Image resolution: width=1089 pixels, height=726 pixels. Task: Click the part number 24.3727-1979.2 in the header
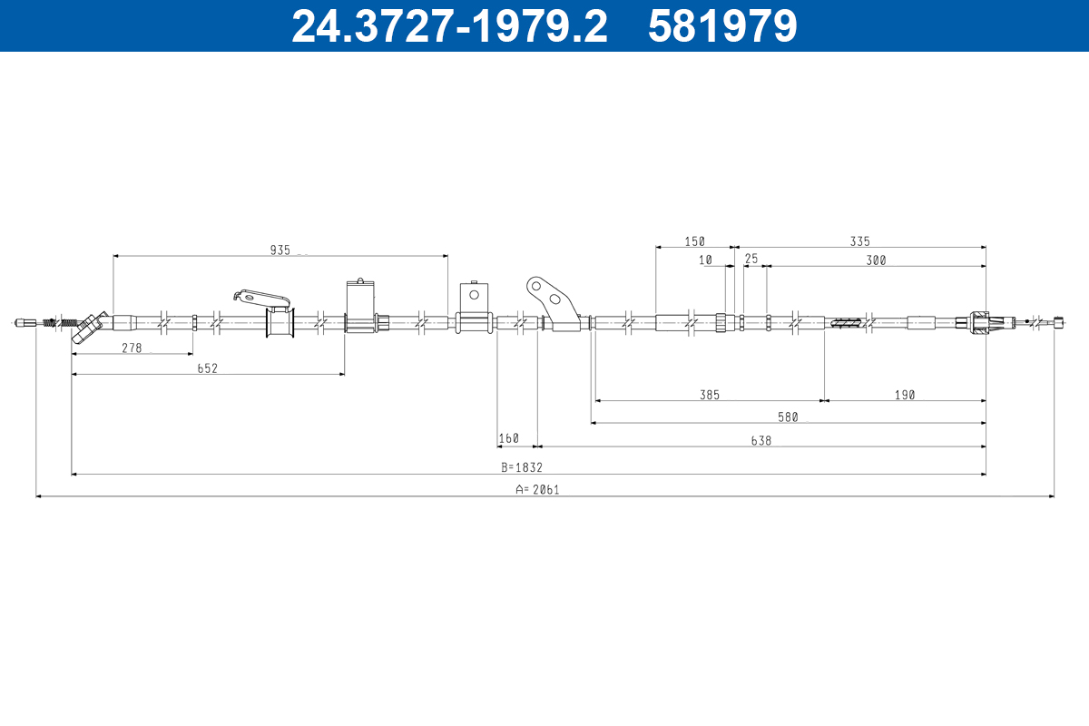pos(450,26)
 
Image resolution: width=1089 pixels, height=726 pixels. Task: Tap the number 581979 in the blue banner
pos(722,26)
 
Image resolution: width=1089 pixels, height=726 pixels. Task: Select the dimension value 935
pos(280,250)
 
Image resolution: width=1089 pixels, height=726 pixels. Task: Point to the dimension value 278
pos(132,348)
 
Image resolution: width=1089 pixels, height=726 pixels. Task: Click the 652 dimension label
pos(207,368)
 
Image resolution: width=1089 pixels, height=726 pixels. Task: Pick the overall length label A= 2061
pos(537,490)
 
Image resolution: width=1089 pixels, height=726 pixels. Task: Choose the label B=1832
pos(522,467)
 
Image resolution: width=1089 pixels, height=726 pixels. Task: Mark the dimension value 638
pos(761,440)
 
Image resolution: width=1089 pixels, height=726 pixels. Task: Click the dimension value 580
pos(788,417)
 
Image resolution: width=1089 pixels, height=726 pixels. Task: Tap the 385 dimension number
pos(710,395)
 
